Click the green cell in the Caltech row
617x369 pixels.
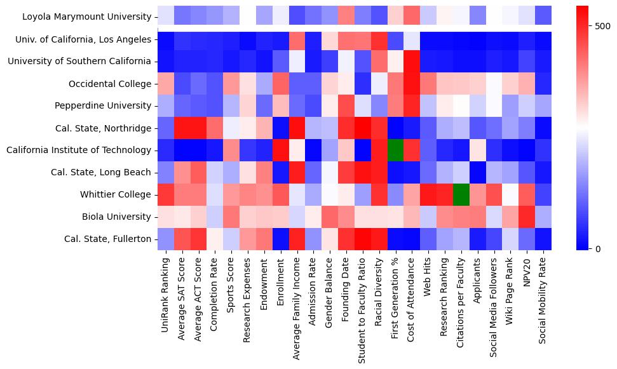coord(395,151)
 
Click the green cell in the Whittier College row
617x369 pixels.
coord(461,194)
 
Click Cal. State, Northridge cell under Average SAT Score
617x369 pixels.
coord(182,128)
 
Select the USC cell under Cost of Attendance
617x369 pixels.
coord(412,62)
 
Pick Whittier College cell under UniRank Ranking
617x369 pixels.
coord(166,194)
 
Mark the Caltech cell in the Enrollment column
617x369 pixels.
coord(281,151)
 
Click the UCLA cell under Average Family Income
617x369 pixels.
coord(297,39)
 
